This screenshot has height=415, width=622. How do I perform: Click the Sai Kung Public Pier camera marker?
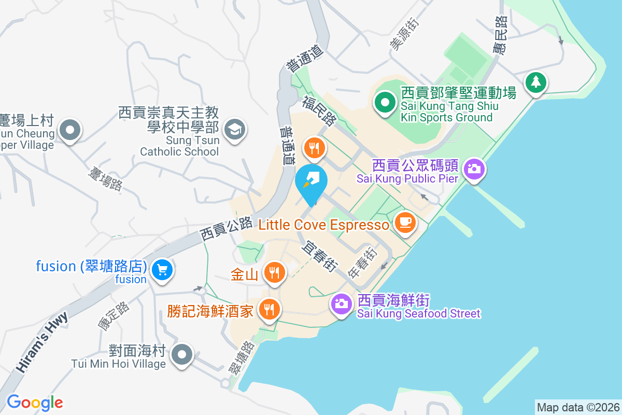point(473,169)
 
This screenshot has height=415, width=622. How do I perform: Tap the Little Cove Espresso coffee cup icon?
point(405,223)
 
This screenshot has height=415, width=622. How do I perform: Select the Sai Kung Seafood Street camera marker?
point(341,303)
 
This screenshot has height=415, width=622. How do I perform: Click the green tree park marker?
point(535,82)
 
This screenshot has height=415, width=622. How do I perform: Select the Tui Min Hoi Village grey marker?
point(182,355)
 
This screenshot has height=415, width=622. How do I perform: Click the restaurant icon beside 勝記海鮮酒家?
point(268,310)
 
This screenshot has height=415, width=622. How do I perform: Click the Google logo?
point(35,403)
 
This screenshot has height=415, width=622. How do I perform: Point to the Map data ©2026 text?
point(577,407)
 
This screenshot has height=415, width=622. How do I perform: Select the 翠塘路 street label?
point(241,358)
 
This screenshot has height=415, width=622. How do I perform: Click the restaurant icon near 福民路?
point(314,148)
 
